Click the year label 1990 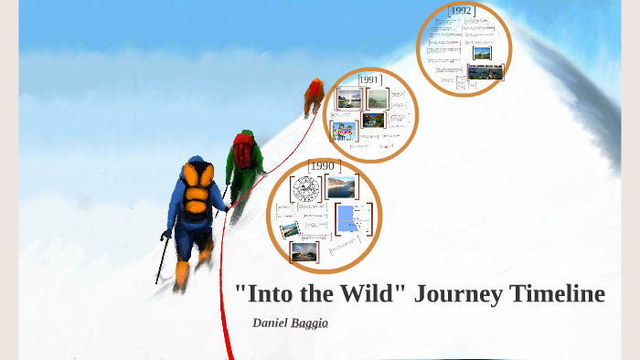tap(323, 165)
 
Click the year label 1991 tap(369, 79)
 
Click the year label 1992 tap(462, 10)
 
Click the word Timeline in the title tap(559, 294)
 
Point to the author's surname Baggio tap(311, 323)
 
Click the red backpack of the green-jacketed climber tap(243, 151)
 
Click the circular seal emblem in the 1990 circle tap(305, 190)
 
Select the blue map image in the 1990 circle tap(347, 219)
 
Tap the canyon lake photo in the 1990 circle tap(340, 186)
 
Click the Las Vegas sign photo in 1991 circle tap(344, 131)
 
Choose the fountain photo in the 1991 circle tap(347, 98)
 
